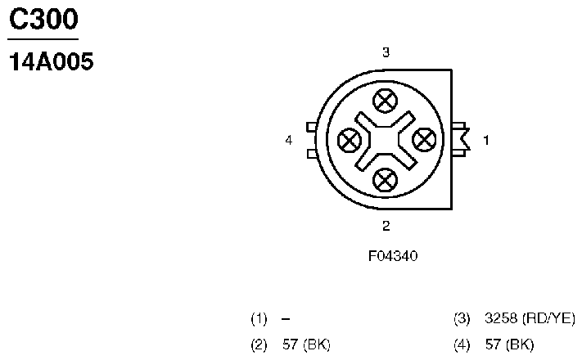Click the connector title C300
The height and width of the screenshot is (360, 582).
[44, 19]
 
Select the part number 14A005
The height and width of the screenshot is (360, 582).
[52, 61]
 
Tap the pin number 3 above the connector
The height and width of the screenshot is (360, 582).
[386, 52]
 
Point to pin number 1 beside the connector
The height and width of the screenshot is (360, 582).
[486, 140]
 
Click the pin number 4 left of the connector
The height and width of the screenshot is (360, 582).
[289, 140]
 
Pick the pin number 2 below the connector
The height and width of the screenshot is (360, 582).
[386, 226]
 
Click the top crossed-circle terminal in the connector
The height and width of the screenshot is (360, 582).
[385, 101]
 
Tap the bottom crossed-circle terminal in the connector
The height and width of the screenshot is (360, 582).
[385, 180]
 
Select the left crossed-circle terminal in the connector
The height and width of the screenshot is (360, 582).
[350, 140]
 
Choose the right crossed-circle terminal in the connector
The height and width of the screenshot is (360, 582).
[424, 140]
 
